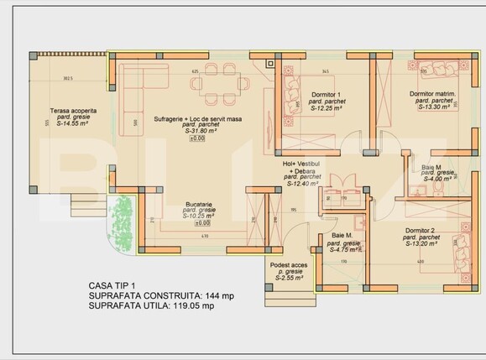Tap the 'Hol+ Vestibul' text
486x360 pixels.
[x=303, y=164]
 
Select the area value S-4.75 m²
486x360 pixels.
[x=345, y=249]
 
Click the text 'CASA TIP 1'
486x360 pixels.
[x=113, y=286]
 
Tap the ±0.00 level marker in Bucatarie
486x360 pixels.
[x=202, y=223]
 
